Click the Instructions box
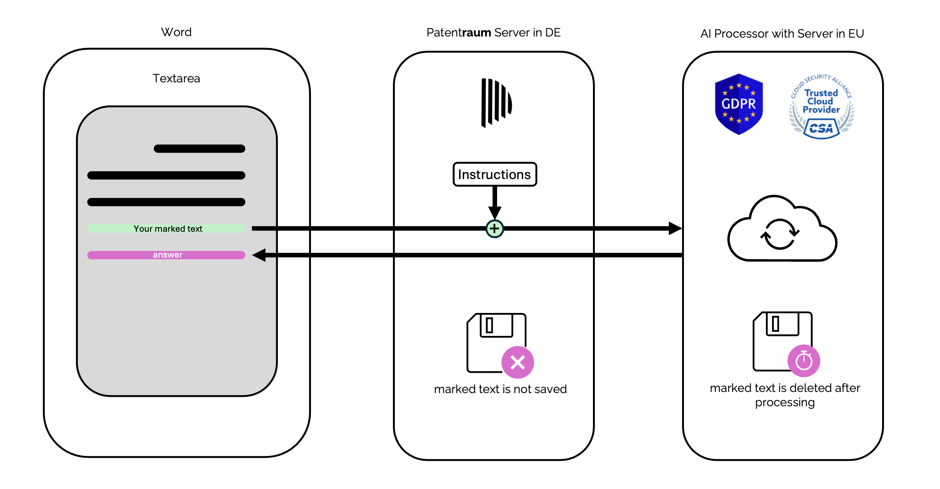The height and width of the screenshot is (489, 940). pyautogui.click(x=494, y=175)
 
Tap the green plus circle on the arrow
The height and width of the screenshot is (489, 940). pyautogui.click(x=494, y=229)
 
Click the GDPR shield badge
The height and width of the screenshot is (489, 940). pyautogui.click(x=738, y=104)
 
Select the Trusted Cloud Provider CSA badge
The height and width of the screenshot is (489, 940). pyautogui.click(x=821, y=107)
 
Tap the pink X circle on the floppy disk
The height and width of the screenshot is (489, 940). pyautogui.click(x=517, y=363)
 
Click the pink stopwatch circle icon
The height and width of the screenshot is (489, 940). pyautogui.click(x=804, y=361)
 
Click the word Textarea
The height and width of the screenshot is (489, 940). pyautogui.click(x=176, y=78)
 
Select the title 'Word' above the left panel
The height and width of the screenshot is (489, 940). pyautogui.click(x=176, y=32)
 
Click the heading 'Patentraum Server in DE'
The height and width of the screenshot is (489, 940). pyautogui.click(x=494, y=33)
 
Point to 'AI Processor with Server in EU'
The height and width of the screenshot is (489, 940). pyautogui.click(x=782, y=34)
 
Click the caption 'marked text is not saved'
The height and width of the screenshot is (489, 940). pyautogui.click(x=500, y=389)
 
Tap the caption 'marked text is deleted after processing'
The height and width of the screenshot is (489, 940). pyautogui.click(x=785, y=395)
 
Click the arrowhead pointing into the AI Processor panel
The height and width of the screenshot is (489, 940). pyautogui.click(x=675, y=228)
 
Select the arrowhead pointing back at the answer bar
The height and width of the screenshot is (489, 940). pyautogui.click(x=259, y=255)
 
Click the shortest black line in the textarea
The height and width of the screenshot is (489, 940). pyautogui.click(x=199, y=149)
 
